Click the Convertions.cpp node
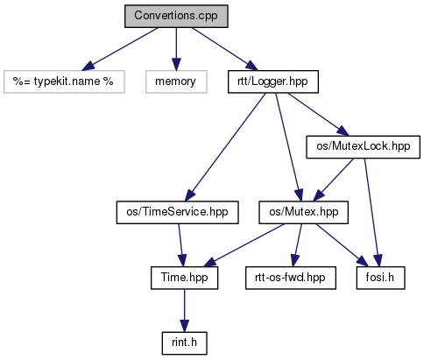[176, 16]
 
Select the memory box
[176, 81]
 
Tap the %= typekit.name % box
[64, 81]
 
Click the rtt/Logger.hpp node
[273, 81]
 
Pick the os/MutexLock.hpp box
[363, 147]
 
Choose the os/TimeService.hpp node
[177, 212]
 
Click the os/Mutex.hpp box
[303, 212]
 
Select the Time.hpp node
[184, 278]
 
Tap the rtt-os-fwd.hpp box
[291, 278]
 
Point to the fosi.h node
[380, 278]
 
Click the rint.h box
[184, 343]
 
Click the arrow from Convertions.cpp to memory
[176, 49]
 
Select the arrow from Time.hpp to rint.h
[184, 311]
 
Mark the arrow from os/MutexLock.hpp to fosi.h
[371, 212]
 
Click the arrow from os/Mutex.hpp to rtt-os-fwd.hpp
[298, 245]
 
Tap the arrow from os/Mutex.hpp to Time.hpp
[244, 245]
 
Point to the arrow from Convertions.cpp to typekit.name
[120, 49]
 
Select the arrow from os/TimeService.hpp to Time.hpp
[181, 245]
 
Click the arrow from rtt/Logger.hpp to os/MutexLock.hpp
[318, 115]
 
